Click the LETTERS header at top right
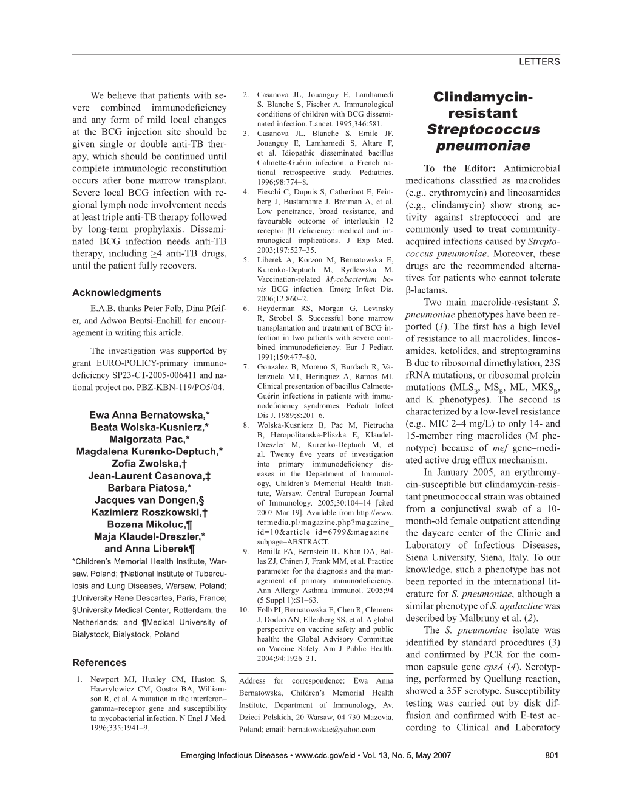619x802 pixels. (x=540, y=62)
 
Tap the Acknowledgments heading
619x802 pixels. (x=117, y=292)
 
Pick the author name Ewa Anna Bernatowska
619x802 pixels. (x=149, y=415)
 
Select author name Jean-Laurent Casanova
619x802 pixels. (x=149, y=475)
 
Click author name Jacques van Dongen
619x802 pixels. (x=149, y=499)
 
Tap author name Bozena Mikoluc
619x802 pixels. (x=149, y=524)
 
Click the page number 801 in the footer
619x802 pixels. (x=552, y=755)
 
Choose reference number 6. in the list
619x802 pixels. (x=245, y=309)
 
